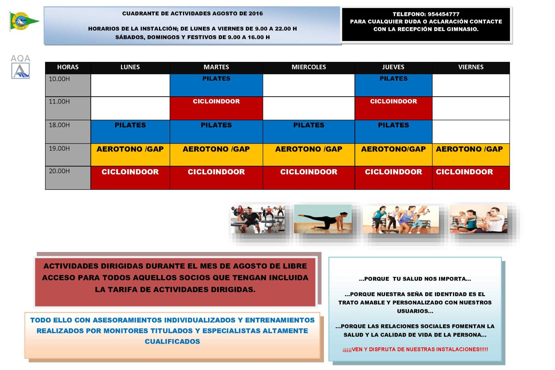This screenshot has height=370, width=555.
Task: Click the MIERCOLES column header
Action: click(308, 67)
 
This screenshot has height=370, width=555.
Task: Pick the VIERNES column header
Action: click(471, 67)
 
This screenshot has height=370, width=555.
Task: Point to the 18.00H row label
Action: click(60, 125)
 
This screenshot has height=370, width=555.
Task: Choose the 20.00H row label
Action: click(60, 171)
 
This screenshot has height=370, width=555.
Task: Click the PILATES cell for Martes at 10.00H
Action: click(216, 85)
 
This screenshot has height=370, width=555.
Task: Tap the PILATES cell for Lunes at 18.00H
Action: click(130, 132)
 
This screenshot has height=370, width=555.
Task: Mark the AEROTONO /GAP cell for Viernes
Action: click(471, 155)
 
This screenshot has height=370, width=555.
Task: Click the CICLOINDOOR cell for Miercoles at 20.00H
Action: click(308, 177)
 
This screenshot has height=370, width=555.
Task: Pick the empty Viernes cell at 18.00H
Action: click(471, 132)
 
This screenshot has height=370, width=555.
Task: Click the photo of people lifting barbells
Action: click(258, 219)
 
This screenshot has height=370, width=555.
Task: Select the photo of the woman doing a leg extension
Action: click(323, 219)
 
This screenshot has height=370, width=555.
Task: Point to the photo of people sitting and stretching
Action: click(478, 219)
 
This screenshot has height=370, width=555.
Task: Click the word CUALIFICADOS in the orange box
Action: click(172, 341)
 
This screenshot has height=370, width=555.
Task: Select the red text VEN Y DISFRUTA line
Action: click(415, 349)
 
